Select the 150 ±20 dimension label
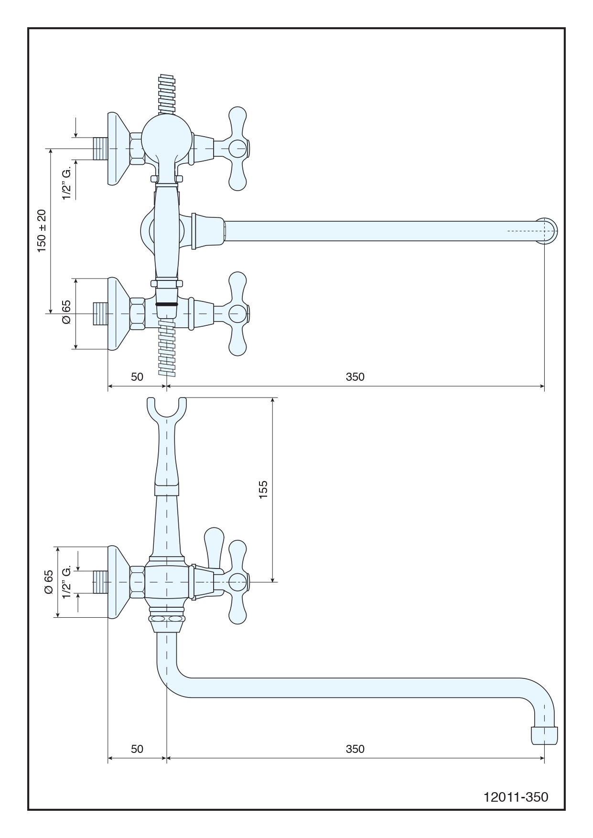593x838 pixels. tap(42, 231)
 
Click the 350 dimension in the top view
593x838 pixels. tap(355, 377)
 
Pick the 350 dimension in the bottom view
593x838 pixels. tap(355, 749)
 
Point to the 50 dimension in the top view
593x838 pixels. tap(137, 377)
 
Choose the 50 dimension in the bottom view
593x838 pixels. tap(137, 749)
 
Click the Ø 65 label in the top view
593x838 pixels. tap(66, 312)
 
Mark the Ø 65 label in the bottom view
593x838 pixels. tap(48, 582)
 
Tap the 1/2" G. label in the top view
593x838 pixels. tap(66, 183)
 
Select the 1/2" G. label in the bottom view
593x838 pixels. tap(66, 582)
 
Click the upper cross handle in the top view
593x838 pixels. tap(237, 149)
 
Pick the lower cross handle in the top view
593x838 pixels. tap(237, 313)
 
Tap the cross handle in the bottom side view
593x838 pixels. tap(237, 582)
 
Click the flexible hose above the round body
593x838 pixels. tap(166, 93)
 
